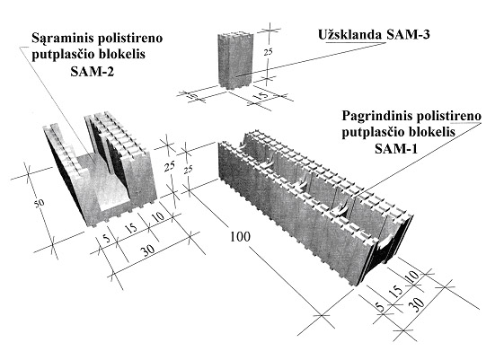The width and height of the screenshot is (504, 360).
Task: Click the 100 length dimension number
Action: coord(240,237)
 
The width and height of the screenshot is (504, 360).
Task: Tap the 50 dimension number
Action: coord(40,203)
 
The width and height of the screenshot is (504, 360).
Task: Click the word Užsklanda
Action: coord(350,34)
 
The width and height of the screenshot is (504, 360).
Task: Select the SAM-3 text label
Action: coord(408,34)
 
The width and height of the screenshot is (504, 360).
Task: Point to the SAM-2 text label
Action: coord(93,71)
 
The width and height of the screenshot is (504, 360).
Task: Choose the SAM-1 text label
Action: coord(396,149)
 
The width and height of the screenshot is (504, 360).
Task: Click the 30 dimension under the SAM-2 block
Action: coord(149,250)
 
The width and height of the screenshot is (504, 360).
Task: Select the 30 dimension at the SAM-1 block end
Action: coord(418,303)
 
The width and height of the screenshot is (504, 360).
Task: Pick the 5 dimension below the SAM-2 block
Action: coord(106,238)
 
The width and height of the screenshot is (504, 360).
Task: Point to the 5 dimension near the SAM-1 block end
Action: coord(380,307)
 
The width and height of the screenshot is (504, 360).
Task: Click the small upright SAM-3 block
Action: coord(235,60)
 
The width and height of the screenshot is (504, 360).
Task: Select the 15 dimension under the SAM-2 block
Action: coord(131,228)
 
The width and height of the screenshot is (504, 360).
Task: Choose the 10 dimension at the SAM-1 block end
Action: coord(412,276)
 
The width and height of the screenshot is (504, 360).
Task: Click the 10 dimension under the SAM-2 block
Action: coord(157,216)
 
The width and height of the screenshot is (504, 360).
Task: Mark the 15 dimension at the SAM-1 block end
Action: coord(396,290)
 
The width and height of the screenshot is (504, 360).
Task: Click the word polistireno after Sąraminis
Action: coord(130,39)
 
